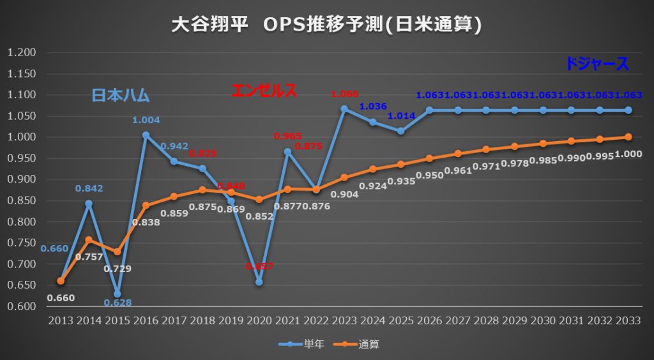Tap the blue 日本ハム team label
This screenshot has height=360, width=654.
120,96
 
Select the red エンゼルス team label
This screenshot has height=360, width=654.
264,91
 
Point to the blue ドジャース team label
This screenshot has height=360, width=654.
597,63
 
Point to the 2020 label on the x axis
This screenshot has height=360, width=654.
259,320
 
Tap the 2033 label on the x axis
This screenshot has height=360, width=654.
628,320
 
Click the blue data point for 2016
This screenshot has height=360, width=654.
146,135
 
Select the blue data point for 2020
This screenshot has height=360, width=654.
259,282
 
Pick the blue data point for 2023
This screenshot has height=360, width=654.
344,109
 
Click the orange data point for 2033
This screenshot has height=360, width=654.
628,137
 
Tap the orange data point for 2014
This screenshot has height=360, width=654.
89,240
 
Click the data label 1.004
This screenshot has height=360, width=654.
146,120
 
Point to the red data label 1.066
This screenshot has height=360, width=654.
345,94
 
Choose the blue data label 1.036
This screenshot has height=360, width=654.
373,106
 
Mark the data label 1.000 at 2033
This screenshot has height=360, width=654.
629,153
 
